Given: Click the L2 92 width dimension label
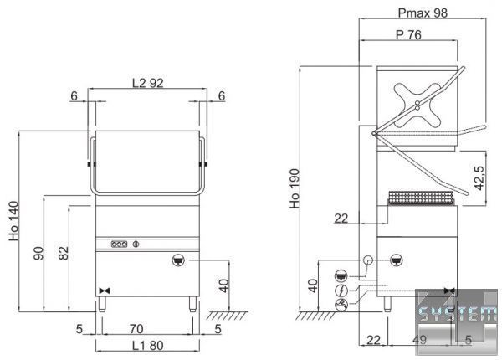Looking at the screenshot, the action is point(148,83).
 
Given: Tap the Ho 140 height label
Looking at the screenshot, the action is point(13,221).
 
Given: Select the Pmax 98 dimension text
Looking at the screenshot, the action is point(423,13).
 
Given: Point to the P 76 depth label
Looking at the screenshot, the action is point(408,34).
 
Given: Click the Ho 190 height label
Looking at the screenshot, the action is point(295,188).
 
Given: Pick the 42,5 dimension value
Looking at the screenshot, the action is point(479,177).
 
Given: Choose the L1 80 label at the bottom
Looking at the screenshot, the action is point(148,346).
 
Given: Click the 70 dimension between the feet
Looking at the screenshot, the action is point(136,329).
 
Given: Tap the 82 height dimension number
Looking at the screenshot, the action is point(64,253).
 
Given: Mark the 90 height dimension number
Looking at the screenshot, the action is point(38,253).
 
